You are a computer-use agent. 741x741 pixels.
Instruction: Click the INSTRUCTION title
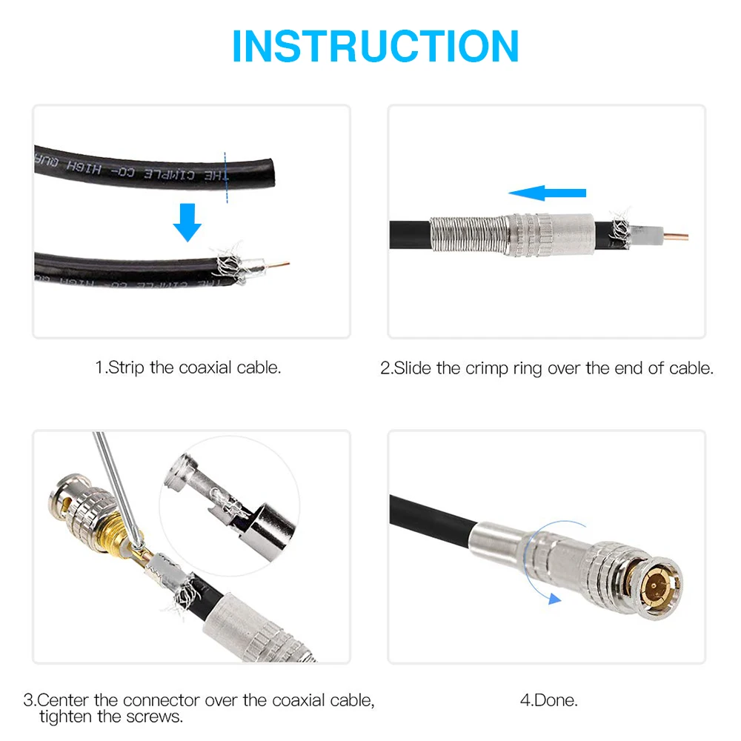pos(375,46)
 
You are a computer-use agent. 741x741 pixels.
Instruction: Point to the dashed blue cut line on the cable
pos(225,175)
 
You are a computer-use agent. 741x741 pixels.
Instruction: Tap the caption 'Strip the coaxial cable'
pos(188,368)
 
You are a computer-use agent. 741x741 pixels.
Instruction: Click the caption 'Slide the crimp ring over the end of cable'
pos(547,368)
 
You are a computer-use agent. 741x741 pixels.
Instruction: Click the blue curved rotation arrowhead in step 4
pos(552,598)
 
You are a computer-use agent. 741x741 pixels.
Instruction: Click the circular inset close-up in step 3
pos(230,504)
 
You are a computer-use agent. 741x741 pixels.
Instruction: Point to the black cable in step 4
pos(430,519)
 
